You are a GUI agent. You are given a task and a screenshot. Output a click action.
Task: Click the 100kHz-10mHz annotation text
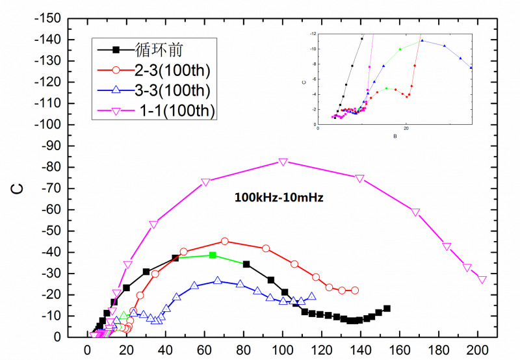[279, 196]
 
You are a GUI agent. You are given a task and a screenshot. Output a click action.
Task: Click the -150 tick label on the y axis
[52, 18]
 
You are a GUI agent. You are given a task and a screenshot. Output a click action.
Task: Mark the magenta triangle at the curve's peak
[283, 162]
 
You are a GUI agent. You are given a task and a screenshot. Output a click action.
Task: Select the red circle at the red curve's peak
[225, 241]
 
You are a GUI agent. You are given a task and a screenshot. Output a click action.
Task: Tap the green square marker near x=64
[213, 255]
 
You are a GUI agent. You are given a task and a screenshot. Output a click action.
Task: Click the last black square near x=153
[387, 308]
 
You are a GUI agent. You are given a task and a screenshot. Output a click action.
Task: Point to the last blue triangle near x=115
[312, 296]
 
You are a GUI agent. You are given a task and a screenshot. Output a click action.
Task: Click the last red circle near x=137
[355, 290]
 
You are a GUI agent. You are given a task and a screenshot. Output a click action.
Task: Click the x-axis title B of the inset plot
[395, 136]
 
